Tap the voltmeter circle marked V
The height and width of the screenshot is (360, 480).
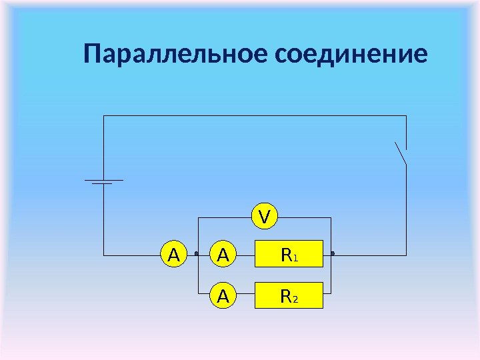pos(265,216)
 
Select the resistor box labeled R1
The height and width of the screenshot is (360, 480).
pos(289,254)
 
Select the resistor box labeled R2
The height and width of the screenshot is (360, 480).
pos(289,295)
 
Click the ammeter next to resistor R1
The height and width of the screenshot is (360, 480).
pos(224,254)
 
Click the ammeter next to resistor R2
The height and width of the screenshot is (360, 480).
pos(224,295)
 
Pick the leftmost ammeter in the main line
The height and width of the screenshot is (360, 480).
pos(173,254)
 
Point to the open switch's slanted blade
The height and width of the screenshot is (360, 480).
pos(401,153)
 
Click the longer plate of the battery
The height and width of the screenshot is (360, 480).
pos(103,180)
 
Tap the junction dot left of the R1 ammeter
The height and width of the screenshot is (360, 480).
pos(197,254)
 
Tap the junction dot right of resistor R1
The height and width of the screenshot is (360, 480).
pos(331,254)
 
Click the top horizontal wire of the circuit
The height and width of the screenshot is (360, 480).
pos(253,116)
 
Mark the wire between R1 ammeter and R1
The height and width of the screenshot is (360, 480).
pos(246,254)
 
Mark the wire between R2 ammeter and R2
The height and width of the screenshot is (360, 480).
pos(246,295)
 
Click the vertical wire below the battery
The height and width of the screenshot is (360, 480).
pos(103,220)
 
